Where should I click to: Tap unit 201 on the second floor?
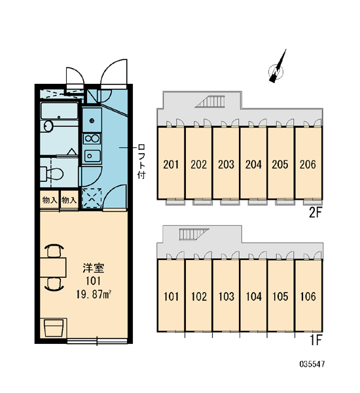click(171, 163)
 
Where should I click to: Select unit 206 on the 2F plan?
click(308, 163)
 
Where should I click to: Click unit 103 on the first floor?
click(226, 295)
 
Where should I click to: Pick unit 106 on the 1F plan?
click(308, 295)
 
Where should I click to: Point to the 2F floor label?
click(315, 213)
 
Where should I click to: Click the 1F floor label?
click(315, 340)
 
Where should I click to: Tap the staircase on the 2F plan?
click(210, 102)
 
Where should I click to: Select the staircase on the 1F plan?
click(194, 234)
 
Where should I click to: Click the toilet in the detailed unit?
click(52, 173)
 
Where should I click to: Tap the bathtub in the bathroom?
click(60, 111)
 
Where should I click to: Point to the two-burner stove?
click(92, 139)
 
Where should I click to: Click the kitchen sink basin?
click(92, 156)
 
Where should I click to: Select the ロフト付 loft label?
click(141, 161)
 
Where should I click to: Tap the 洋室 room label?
click(93, 268)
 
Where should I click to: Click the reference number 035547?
click(312, 364)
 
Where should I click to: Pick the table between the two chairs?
click(53, 267)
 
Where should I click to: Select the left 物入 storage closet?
click(50, 200)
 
